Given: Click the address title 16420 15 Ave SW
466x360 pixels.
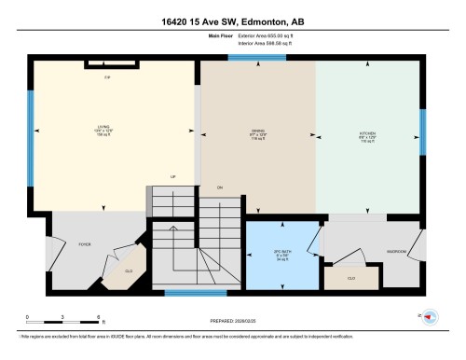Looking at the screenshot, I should pos(232,21).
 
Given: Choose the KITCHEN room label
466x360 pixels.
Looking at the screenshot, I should pos(368,133).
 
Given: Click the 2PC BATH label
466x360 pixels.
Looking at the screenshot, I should pos(281,255).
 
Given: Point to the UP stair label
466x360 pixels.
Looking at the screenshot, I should pos(171,176).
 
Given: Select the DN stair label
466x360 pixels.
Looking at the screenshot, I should pos(220,187).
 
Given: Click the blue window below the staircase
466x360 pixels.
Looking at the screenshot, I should pos(195,293).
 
